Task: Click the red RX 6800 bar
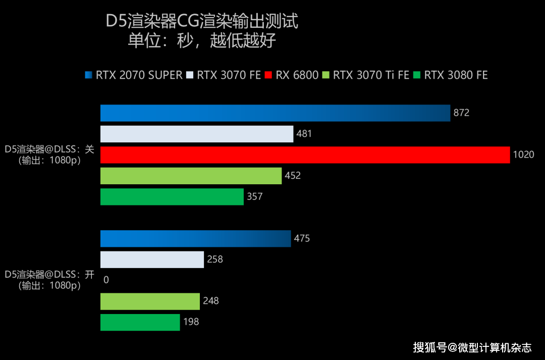[x=305, y=155]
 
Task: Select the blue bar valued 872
[x=275, y=113]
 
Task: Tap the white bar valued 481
[x=197, y=134]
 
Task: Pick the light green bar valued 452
[x=191, y=176]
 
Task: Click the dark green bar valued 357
[x=172, y=196]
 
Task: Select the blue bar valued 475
[x=196, y=238]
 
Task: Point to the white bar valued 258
[x=152, y=260]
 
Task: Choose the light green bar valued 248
[x=150, y=301]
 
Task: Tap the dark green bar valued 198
[x=140, y=322]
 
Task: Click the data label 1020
[x=523, y=155]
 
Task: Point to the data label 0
[x=106, y=280]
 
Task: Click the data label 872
[x=461, y=113]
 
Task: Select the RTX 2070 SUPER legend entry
[x=134, y=75]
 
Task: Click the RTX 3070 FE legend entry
[x=224, y=75]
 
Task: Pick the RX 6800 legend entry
[x=292, y=75]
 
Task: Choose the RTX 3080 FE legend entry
[x=451, y=75]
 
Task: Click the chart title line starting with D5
[x=201, y=22]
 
